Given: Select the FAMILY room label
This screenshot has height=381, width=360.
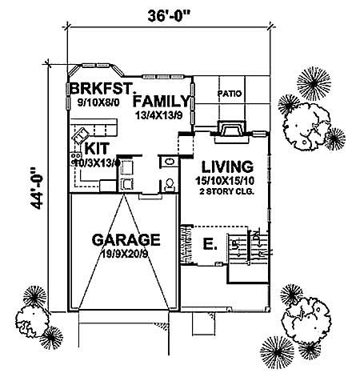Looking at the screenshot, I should [163, 102].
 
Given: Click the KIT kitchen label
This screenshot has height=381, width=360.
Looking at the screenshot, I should [95, 149].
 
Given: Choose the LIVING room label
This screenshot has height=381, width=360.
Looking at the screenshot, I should [226, 166].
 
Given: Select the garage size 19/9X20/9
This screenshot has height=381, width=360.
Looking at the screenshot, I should [126, 253].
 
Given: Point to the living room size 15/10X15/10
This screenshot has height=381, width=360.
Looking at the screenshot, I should [226, 182].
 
